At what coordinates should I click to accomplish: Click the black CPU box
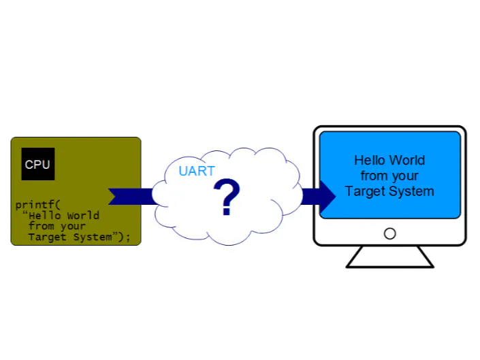pyautogui.click(x=37, y=164)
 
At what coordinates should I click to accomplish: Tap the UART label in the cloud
pyautogui.click(x=197, y=171)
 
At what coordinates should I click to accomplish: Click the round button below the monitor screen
pyautogui.click(x=389, y=233)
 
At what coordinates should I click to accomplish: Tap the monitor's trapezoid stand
pyautogui.click(x=389, y=257)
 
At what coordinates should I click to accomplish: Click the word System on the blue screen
pyautogui.click(x=411, y=191)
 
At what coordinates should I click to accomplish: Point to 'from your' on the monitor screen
pyautogui.click(x=389, y=176)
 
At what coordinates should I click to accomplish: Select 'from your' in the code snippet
pyautogui.click(x=57, y=226)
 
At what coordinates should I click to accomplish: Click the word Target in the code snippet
pyautogui.click(x=46, y=237)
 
